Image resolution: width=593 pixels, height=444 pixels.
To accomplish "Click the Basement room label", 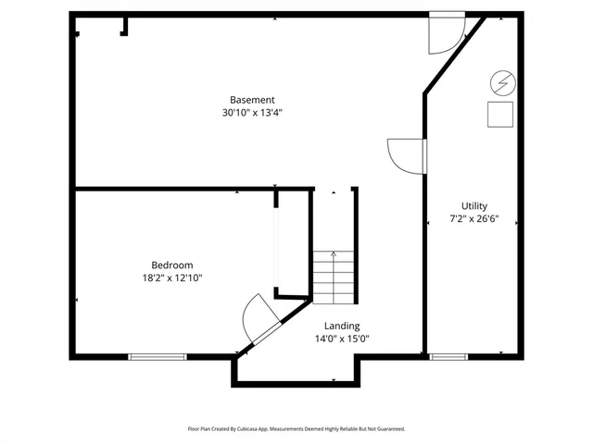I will (252, 100).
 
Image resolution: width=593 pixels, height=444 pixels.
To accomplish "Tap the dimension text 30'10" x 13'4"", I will (252, 113).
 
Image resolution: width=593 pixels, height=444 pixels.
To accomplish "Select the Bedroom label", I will (172, 265).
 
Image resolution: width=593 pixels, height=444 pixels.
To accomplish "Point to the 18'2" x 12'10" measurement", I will (172, 277).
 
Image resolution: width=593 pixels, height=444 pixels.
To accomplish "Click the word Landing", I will (341, 326).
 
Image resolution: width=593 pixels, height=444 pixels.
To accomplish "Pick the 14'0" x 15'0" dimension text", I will (341, 339).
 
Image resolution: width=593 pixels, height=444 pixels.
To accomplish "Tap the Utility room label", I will (474, 206).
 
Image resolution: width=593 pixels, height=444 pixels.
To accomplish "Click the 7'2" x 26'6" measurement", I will (474, 219).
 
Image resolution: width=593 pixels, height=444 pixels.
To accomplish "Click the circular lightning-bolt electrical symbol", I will (502, 84).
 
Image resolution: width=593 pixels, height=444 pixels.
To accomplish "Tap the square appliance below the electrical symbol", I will (501, 113).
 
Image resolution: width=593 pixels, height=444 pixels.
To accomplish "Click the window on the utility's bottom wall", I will (448, 356).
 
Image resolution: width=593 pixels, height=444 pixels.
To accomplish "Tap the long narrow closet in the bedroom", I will (275, 245).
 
